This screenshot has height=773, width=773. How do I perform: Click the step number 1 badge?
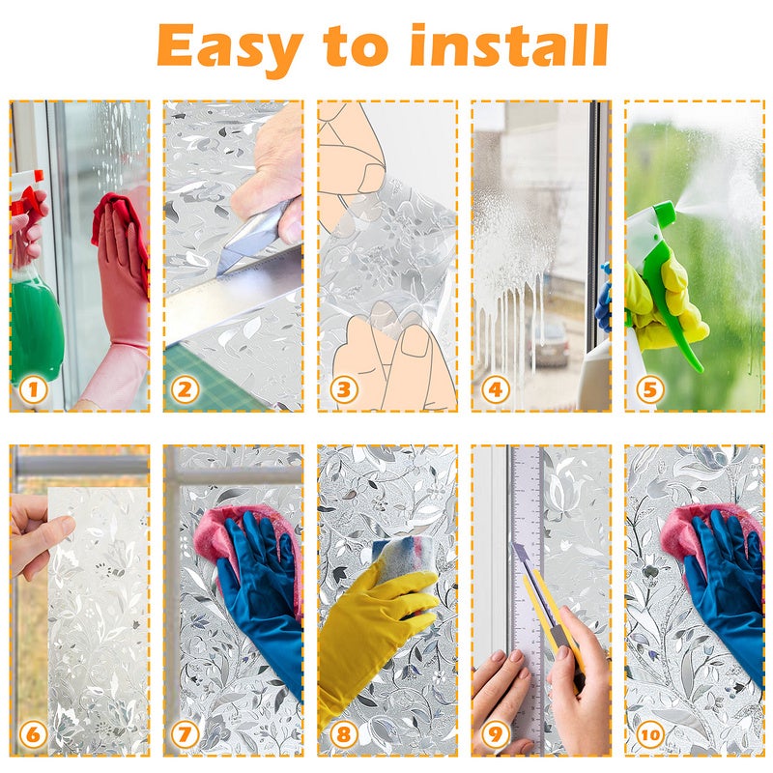34,390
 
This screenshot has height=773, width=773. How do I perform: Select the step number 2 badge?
185,390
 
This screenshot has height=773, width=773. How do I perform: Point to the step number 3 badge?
344,390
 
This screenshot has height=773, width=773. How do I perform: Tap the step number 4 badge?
495,390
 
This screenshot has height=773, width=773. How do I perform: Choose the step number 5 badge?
649,390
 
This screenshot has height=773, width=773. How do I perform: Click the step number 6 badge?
34,734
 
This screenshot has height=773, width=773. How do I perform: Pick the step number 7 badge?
185,734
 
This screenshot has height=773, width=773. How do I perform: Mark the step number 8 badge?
344,734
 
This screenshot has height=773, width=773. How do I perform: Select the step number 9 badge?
495,734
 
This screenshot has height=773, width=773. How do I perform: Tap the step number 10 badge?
649,734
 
